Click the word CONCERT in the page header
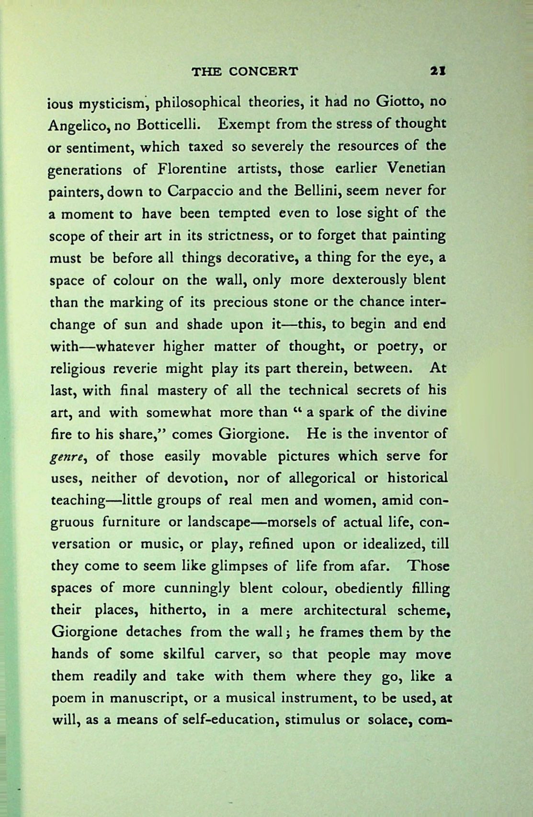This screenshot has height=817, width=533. click(263, 72)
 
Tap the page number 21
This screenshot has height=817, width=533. click(439, 72)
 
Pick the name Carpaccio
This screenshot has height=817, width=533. click(200, 191)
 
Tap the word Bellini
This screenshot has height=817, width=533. click(313, 191)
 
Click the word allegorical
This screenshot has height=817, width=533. click(318, 478)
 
